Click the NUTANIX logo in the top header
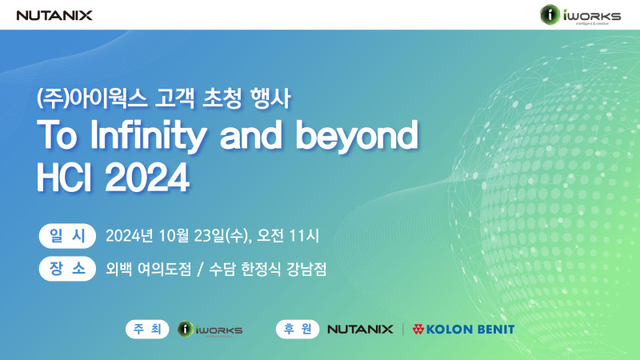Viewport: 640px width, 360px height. tap(54, 15)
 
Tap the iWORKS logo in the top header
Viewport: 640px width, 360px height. tap(581, 14)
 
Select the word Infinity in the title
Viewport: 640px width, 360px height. tap(148, 135)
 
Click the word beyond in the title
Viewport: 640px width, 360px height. tap(357, 134)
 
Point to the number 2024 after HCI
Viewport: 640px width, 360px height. tap(147, 177)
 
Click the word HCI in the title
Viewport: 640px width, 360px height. tap(64, 177)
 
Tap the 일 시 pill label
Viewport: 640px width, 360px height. tap(67, 236)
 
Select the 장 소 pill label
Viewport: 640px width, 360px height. tap(67, 269)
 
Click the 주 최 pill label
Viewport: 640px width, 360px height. tap(147, 329)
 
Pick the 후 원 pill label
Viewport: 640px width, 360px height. tap(298, 329)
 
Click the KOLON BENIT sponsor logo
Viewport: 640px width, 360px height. tap(463, 330)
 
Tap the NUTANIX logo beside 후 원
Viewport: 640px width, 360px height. tap(361, 329)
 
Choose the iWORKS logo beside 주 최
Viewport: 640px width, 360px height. tap(210, 330)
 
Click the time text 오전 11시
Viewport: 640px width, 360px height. tap(288, 236)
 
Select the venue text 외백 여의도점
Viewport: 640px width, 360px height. tap(148, 269)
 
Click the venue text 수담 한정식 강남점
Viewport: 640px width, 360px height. tap(268, 269)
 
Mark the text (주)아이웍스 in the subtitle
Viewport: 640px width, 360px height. tap(92, 98)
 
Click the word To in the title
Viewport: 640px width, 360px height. tap(57, 134)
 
